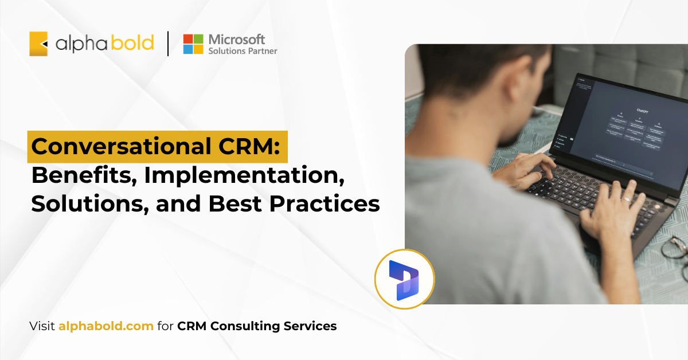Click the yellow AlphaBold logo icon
[x=38, y=44]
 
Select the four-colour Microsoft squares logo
[x=193, y=44]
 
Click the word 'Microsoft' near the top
[x=237, y=40]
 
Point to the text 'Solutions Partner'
[x=243, y=52]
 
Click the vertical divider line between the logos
[x=168, y=44]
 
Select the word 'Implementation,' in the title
[x=245, y=175]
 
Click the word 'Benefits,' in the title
[x=83, y=175]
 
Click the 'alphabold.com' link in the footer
[x=106, y=326]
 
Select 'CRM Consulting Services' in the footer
[x=257, y=326]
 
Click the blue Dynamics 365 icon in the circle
[x=404, y=279]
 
